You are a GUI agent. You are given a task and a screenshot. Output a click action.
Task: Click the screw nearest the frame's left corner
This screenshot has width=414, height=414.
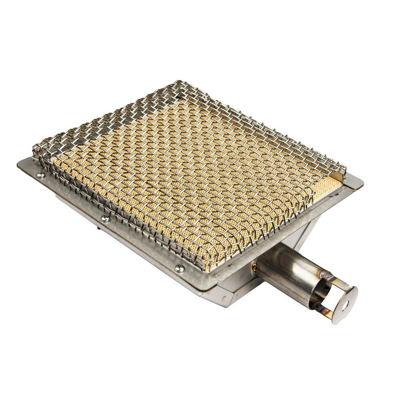coord(41,175)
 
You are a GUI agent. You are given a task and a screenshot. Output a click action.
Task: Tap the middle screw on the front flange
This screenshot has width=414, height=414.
coord(105,218)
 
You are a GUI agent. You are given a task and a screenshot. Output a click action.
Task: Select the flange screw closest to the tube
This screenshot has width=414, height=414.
coord(179,268)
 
